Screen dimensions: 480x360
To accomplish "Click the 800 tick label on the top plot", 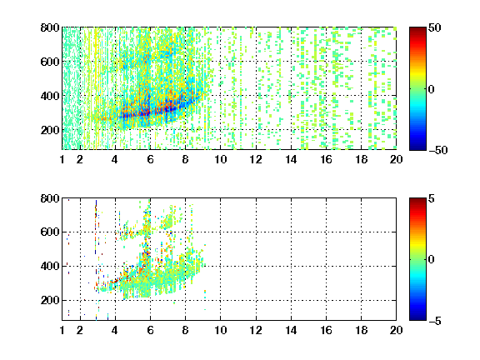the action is point(50,27).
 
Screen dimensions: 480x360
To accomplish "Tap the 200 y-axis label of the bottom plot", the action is point(50,300).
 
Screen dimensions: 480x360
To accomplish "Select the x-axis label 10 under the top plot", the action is point(220,159).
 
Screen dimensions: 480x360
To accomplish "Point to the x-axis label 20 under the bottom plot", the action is point(396,330).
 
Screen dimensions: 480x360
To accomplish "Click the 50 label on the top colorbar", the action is point(435,27).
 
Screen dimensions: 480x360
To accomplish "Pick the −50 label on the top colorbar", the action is point(438,150).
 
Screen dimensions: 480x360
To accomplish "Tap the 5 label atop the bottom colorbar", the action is point(432,198).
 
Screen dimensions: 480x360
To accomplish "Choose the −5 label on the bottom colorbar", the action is point(435,321).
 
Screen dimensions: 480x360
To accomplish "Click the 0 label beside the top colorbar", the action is point(432,89).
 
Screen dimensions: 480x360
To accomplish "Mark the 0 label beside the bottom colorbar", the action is point(432,260).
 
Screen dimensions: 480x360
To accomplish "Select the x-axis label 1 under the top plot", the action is point(62,159).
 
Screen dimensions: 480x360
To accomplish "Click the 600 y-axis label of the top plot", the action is point(50,62).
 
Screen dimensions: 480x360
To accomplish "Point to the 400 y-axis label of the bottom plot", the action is point(50,266).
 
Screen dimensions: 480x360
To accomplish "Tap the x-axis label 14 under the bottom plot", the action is point(291,330).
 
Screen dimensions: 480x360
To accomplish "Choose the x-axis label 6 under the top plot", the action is point(150,159).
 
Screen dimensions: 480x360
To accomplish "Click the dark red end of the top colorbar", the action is point(417,29).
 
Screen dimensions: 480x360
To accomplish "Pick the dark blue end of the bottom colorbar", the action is point(417,318).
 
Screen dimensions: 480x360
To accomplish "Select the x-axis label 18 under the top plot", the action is point(361,159).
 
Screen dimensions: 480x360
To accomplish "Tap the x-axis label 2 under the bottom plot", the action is point(80,330).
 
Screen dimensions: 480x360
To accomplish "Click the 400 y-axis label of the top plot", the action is point(50,96).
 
